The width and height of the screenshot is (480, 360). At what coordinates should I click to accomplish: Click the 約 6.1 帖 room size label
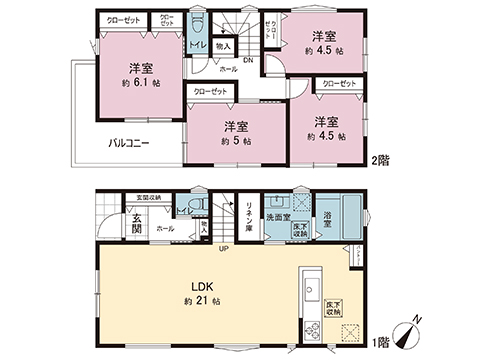click(x=139, y=83)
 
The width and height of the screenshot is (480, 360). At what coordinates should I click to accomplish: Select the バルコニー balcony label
click(x=129, y=143)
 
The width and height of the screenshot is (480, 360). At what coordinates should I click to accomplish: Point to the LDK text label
click(x=194, y=285)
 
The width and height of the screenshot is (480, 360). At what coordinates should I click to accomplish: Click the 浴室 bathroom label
click(x=328, y=222)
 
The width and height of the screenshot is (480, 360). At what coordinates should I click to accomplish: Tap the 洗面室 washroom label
click(x=277, y=217)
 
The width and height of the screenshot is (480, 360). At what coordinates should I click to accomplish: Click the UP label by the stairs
click(x=223, y=248)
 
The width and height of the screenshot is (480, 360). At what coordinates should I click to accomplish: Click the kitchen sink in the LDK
click(x=309, y=279)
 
